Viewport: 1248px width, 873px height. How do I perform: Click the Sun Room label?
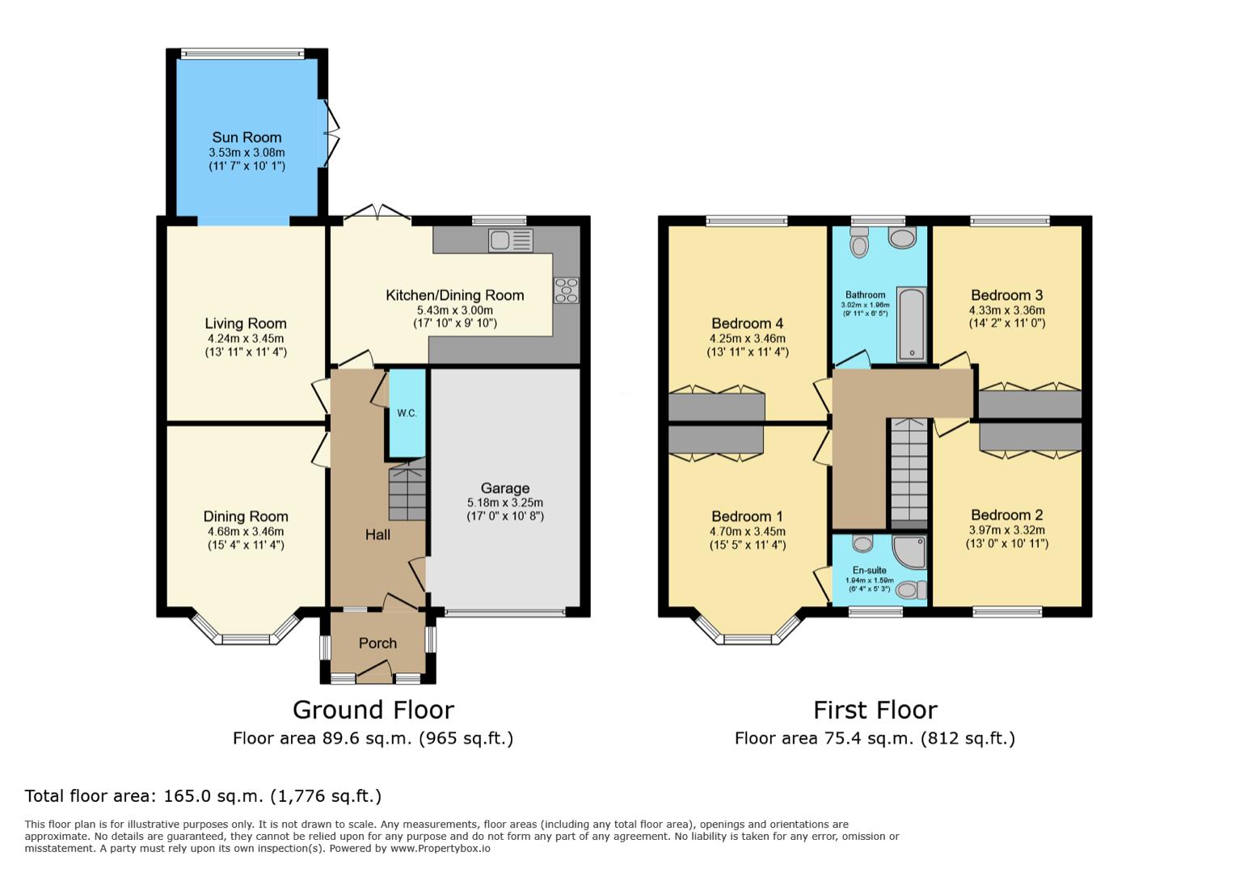pyautogui.click(x=247, y=137)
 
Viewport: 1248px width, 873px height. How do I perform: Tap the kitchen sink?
pyautogui.click(x=510, y=240)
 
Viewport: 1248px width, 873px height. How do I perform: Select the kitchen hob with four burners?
pyautogui.click(x=566, y=290)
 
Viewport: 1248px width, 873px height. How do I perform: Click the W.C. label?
pyautogui.click(x=407, y=413)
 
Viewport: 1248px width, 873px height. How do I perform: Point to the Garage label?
pyautogui.click(x=505, y=488)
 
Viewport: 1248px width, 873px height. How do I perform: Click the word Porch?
pyautogui.click(x=377, y=643)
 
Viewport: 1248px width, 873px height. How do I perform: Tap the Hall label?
pyautogui.click(x=377, y=534)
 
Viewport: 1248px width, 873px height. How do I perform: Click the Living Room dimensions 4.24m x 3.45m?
pyautogui.click(x=246, y=339)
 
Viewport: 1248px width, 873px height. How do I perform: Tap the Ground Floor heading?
pyautogui.click(x=373, y=710)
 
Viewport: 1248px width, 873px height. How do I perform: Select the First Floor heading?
pyautogui.click(x=875, y=710)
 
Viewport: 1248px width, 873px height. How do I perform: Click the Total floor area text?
pyautogui.click(x=203, y=796)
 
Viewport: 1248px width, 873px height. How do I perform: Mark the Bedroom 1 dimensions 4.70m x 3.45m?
pyautogui.click(x=748, y=531)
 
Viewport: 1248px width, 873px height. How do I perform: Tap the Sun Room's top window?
pyautogui.click(x=242, y=54)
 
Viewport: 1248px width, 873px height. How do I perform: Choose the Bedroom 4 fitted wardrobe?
pyautogui.click(x=716, y=407)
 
